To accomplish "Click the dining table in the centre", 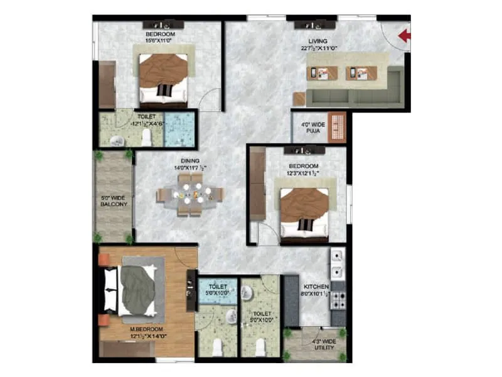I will (190, 195).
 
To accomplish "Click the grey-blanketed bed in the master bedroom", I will (136, 290).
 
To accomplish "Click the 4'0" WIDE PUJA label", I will (312, 128).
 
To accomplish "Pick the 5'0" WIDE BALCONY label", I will (114, 200).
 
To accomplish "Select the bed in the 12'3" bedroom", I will (304, 214).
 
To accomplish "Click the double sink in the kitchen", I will (338, 264).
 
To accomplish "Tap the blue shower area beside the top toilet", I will (179, 129).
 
